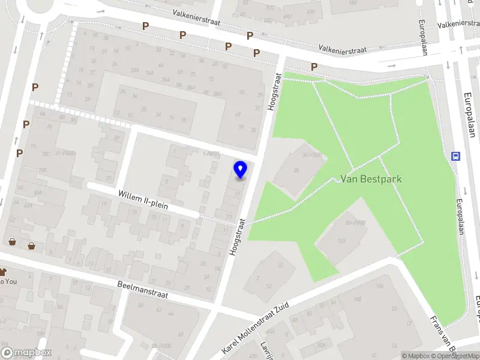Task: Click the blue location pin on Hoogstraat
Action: point(241,170)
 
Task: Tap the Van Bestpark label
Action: point(371,179)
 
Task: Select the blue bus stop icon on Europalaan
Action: point(456,157)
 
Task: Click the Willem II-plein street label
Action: point(143,200)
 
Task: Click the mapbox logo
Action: point(26,353)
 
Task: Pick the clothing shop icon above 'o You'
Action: point(2,272)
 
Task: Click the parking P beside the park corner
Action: point(313,66)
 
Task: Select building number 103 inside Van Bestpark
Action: point(342,241)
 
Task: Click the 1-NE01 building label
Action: point(212,154)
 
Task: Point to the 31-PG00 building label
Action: point(65,152)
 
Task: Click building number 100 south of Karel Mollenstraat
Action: point(358,299)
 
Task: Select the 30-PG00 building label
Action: point(312,155)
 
